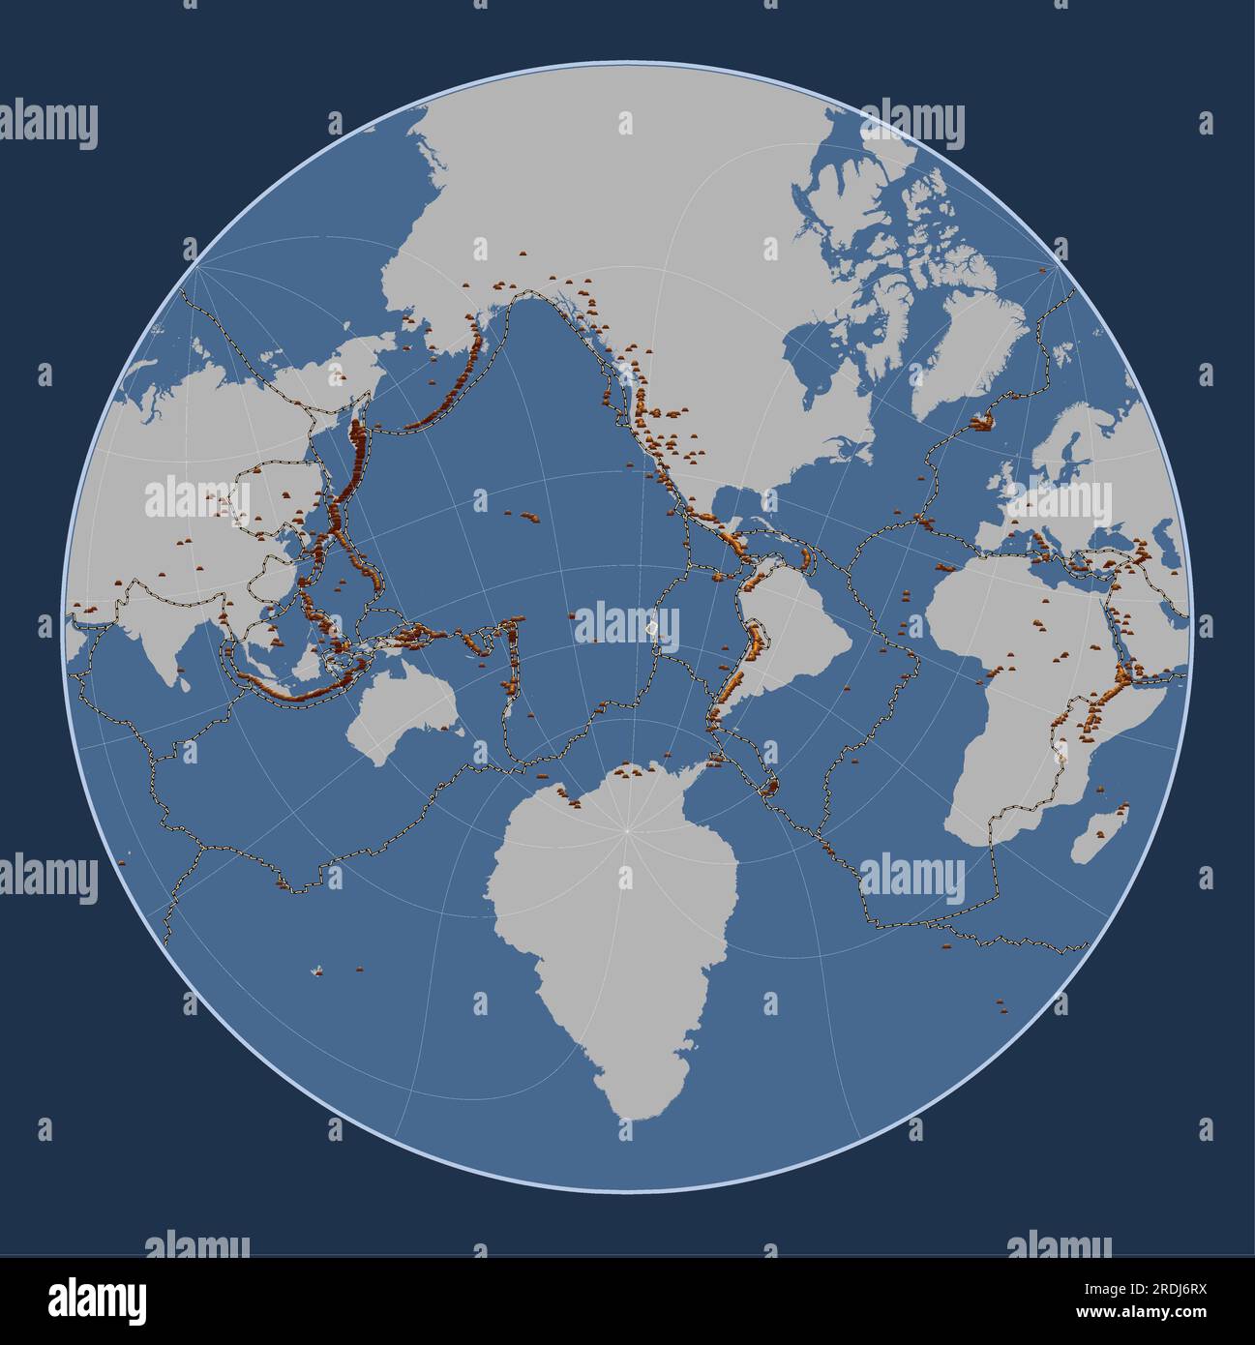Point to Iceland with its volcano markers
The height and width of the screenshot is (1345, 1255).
click(983, 421)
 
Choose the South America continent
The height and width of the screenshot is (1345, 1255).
click(789, 629)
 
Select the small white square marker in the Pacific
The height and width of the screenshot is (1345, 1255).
click(654, 630)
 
